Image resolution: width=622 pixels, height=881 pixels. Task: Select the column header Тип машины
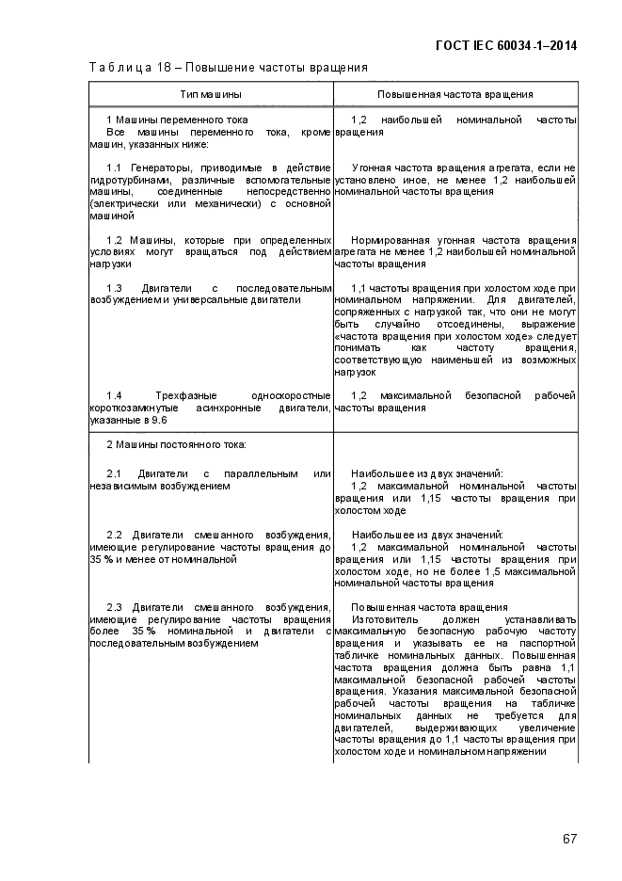coord(211,95)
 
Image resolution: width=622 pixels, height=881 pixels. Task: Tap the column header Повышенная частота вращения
coord(455,95)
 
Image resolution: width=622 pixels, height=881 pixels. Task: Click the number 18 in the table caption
coord(172,67)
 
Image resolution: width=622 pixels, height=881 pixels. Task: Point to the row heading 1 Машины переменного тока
coord(177,120)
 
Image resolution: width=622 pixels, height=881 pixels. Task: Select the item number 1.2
coord(115,240)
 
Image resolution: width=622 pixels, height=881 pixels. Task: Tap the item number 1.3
coord(115,288)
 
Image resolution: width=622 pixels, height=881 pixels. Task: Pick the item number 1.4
coord(115,395)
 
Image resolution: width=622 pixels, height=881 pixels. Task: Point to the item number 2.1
coord(115,473)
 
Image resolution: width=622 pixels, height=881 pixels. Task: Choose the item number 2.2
coord(115,535)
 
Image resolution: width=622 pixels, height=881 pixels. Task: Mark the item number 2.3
coord(115,607)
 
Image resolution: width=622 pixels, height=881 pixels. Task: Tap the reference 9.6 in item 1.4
coord(147,420)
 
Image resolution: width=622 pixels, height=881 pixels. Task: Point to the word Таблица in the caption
coord(118,67)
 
